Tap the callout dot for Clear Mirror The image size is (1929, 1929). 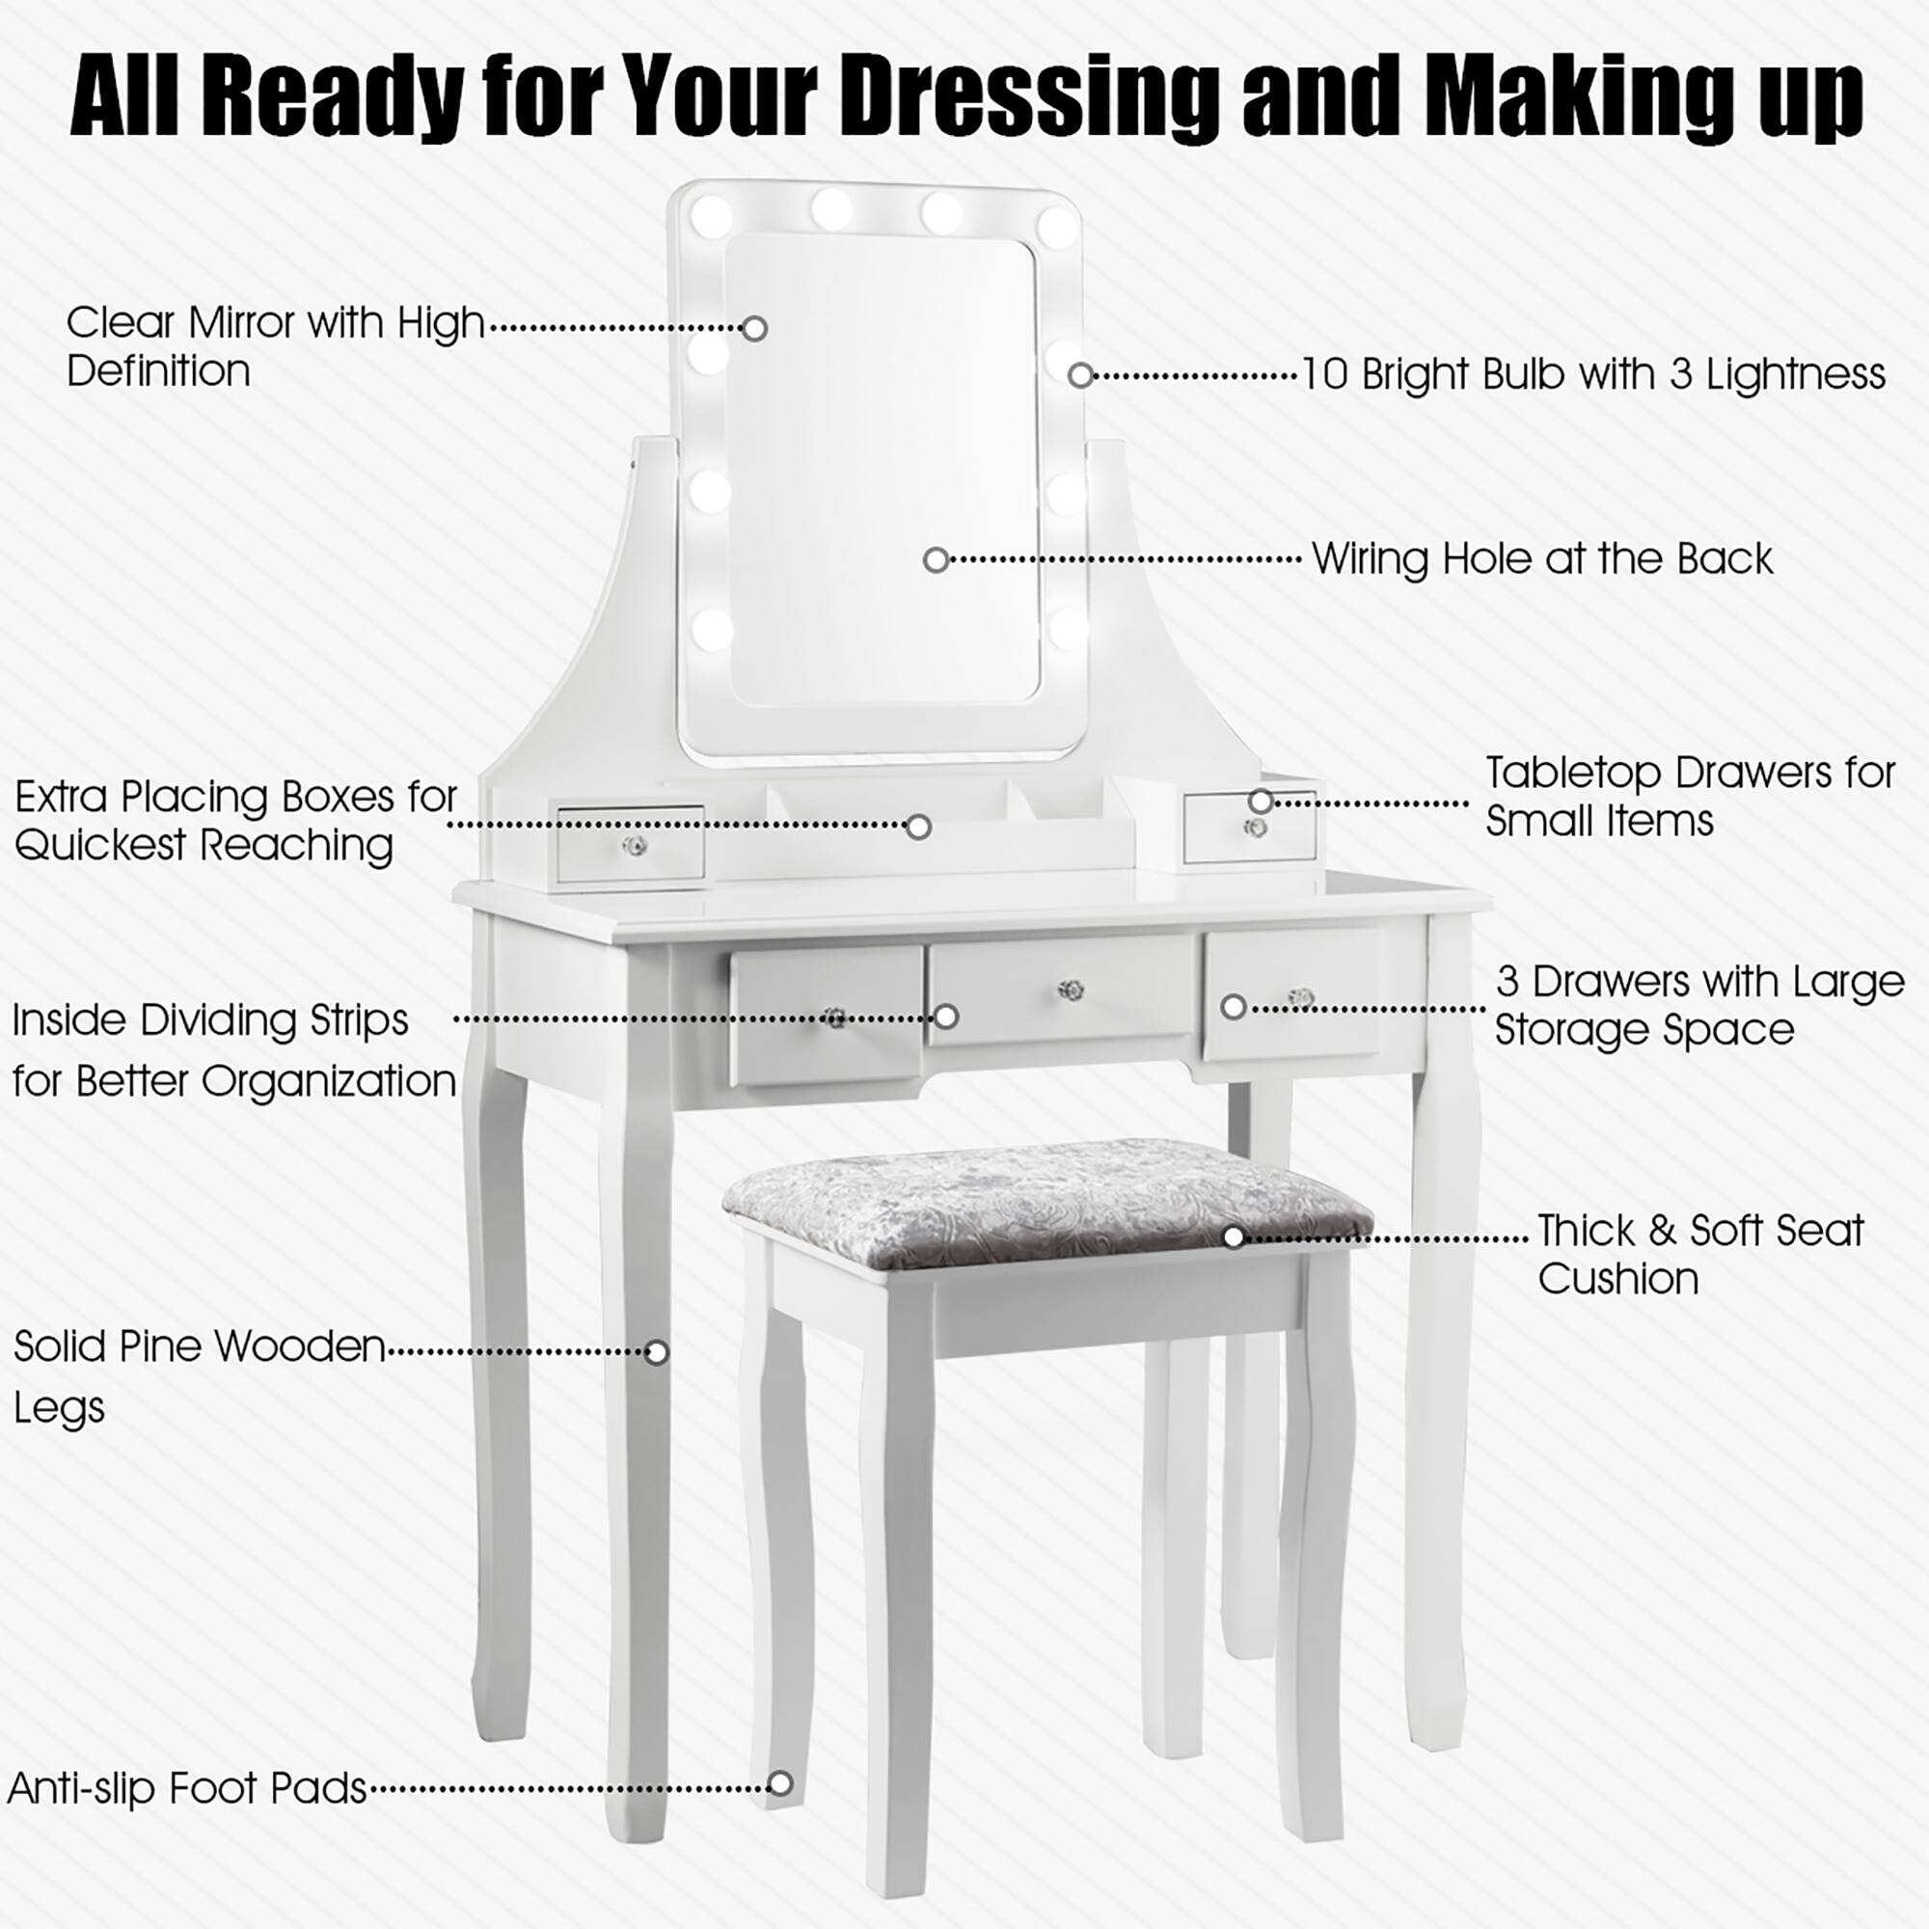[x=755, y=329]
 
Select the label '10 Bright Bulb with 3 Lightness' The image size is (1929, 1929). [x=1593, y=374]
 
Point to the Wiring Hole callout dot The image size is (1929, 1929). [x=936, y=559]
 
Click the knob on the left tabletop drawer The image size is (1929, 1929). [x=632, y=847]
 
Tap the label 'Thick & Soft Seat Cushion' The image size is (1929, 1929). [x=1699, y=1254]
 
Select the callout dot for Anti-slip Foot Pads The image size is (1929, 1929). [x=781, y=1783]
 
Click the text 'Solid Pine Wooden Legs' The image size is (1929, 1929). [x=199, y=1376]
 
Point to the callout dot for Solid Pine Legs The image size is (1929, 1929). [x=656, y=1352]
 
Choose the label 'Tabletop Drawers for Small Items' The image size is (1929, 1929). [x=1690, y=796]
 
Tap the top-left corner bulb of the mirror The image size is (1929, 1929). [x=711, y=216]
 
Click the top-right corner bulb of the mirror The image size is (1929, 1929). [x=1056, y=226]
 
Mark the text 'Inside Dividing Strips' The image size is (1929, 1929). [x=210, y=1020]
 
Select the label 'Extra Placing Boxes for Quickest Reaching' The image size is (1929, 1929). [x=235, y=821]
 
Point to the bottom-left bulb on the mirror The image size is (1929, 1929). [x=712, y=629]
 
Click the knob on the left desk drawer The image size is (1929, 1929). [x=834, y=1018]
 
